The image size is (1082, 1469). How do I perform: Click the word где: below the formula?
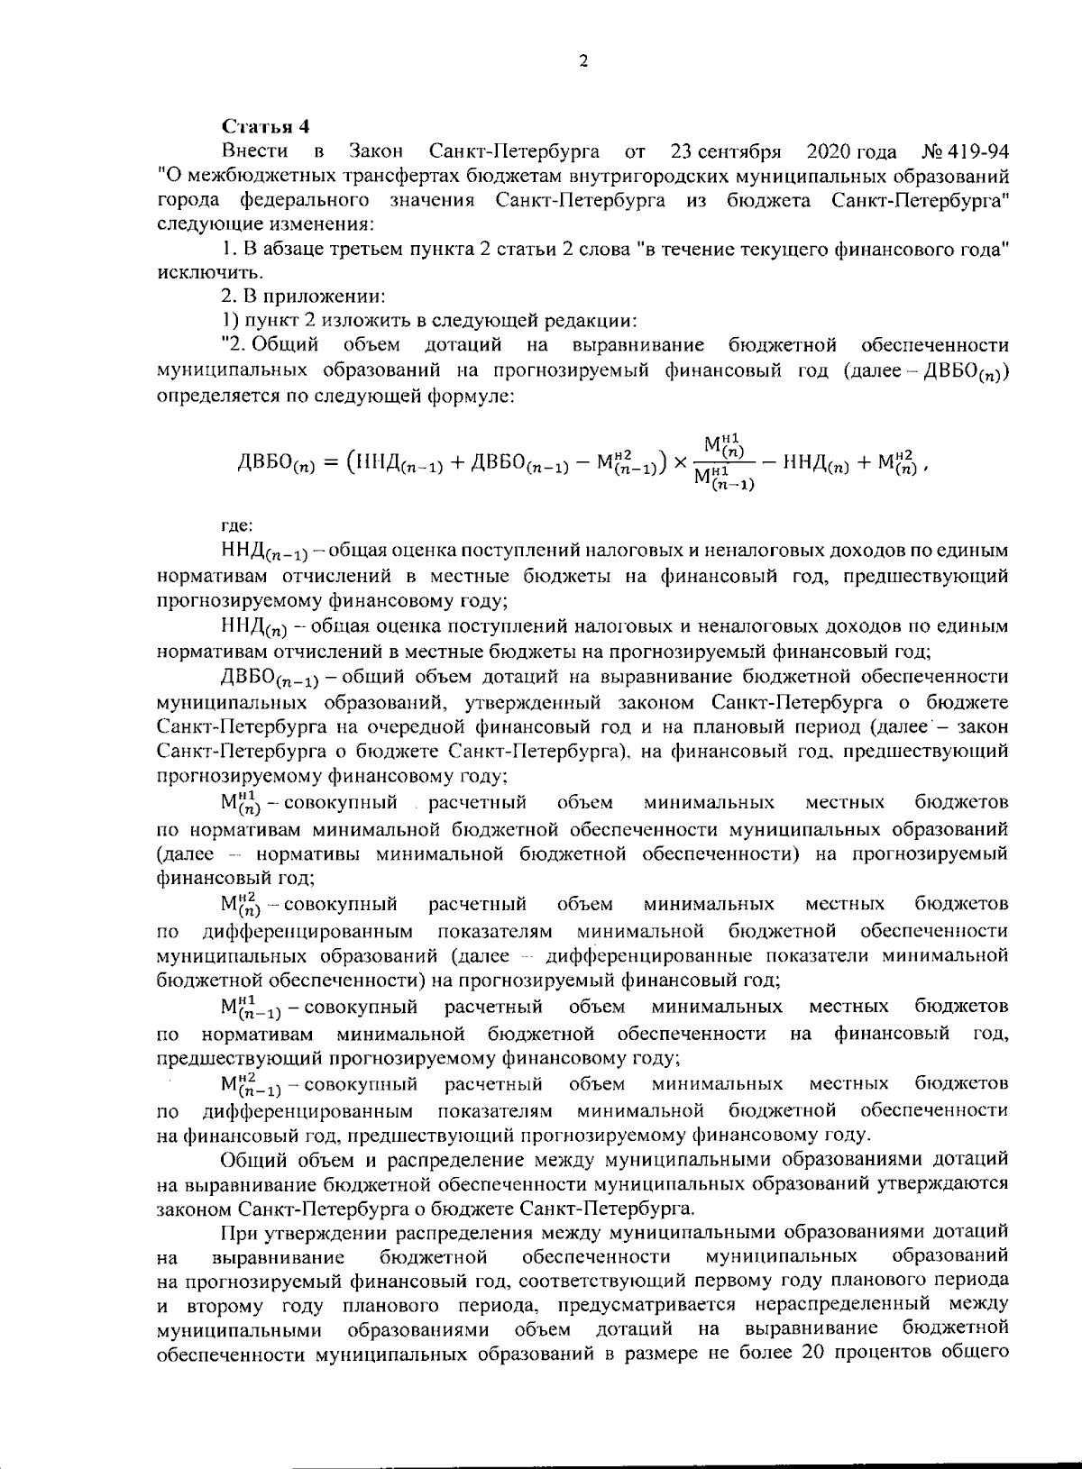(239, 525)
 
